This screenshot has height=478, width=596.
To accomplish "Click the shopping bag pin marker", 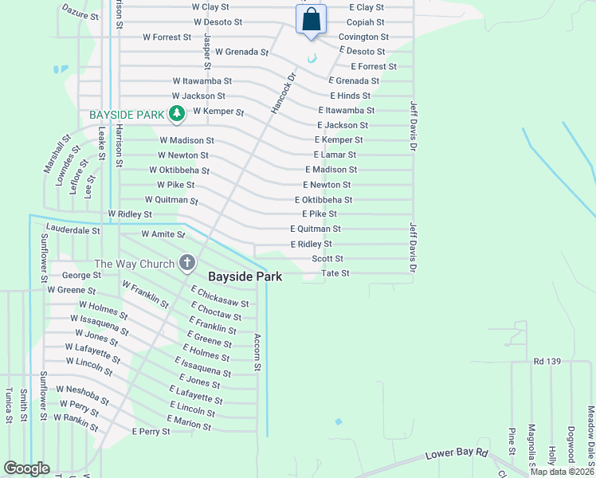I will click(x=311, y=20).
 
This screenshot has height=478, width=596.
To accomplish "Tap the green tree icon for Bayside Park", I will click(x=176, y=116).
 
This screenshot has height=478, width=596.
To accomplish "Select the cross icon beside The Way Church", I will click(x=186, y=262).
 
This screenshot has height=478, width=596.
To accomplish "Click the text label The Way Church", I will click(x=132, y=264).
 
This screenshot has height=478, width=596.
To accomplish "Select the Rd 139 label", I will click(x=549, y=362).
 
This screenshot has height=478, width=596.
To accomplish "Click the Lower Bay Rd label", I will click(x=456, y=453).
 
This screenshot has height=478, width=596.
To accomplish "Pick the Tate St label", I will click(x=335, y=273).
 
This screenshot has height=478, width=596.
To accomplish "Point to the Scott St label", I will click(x=327, y=259).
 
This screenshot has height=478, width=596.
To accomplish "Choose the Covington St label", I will click(x=363, y=37).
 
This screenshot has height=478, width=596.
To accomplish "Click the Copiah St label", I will click(x=367, y=22).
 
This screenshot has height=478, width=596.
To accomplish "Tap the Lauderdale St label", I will click(x=73, y=229).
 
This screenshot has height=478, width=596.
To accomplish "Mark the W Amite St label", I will click(x=163, y=234).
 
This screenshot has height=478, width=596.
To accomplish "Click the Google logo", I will click(x=26, y=468).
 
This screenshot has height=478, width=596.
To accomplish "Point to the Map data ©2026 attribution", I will click(x=562, y=472).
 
